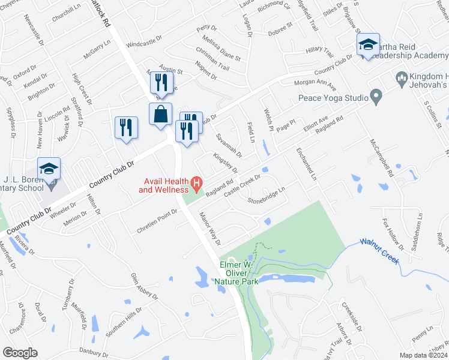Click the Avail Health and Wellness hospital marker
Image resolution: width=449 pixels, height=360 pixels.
pos(196,182)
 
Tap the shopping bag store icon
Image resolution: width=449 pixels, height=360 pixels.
pos(161,115)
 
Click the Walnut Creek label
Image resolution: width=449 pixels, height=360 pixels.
pos(379,251)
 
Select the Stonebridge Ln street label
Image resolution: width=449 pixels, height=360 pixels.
pos(264,197)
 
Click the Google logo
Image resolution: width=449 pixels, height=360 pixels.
pos(20,353)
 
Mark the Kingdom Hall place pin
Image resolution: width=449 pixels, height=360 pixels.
pos(402,77)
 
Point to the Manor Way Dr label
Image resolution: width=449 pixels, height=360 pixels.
pos(210,229)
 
